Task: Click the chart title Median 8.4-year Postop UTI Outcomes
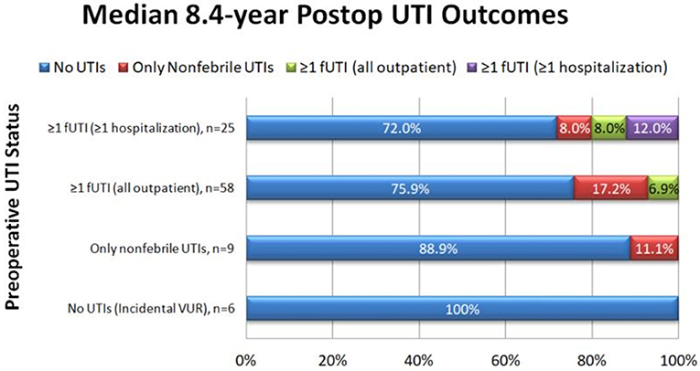point(350,19)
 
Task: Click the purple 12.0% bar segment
point(652,130)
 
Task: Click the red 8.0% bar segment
point(574,130)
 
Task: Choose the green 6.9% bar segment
point(662,189)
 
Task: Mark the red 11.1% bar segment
point(653,249)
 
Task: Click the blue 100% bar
point(461,308)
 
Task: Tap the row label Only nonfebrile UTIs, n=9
point(162,249)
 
